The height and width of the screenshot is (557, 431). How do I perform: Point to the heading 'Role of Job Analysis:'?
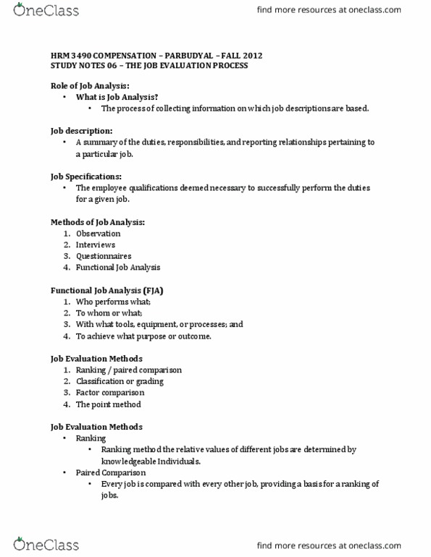click(x=90, y=85)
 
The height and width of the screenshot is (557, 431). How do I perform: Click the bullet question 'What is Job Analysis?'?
click(x=117, y=97)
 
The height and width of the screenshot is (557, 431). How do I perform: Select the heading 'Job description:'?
click(x=81, y=131)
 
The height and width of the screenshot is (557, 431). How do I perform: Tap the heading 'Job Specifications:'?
click(x=85, y=177)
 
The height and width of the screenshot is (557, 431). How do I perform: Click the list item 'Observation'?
click(x=98, y=234)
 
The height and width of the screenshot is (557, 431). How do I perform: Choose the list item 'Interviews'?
click(x=95, y=245)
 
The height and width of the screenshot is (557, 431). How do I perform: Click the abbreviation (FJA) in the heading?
click(x=152, y=290)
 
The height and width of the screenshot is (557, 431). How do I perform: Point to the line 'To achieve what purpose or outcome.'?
click(x=143, y=336)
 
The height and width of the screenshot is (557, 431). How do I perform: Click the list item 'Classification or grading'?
click(x=120, y=381)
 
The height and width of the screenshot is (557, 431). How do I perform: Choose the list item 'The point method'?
click(x=108, y=404)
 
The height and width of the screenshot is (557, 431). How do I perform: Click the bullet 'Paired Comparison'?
click(x=110, y=472)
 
